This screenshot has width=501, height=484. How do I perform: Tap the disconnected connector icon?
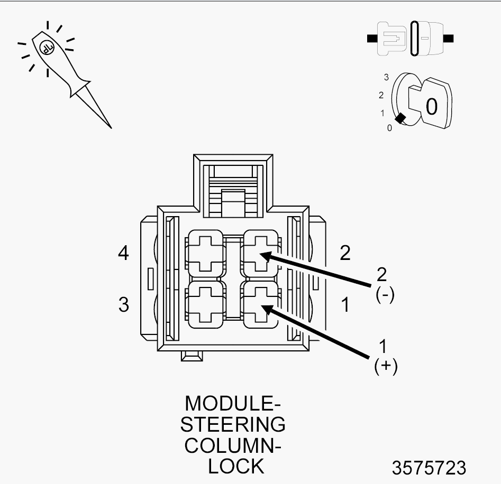pos(410,39)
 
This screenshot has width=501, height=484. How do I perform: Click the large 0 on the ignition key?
pos(432,107)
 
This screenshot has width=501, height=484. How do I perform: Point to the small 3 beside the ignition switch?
pos(386,77)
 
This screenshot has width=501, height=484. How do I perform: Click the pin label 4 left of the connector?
pos(123,254)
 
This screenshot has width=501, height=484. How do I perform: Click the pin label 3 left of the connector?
pos(123,305)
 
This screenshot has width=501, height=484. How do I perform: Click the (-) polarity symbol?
pos(385,295)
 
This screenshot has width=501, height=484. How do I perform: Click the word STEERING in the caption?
pos(233,424)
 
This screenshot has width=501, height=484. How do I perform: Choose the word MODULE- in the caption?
pos(233,403)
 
